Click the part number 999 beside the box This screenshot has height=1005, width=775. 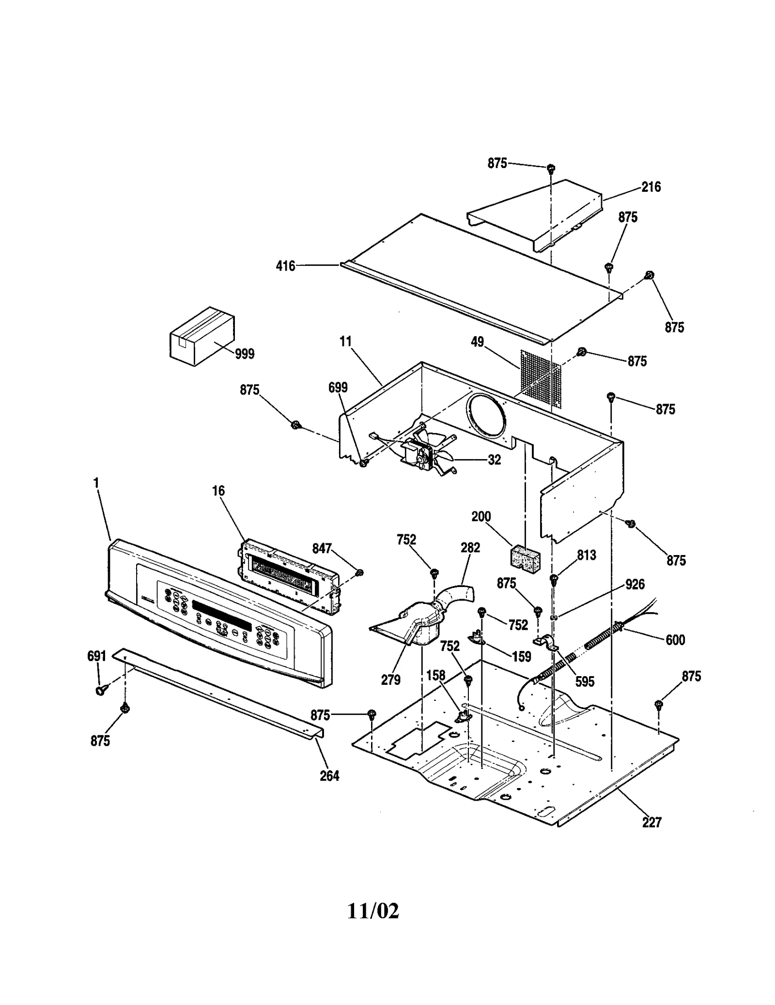click(x=244, y=354)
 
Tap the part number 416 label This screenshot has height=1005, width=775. click(x=285, y=266)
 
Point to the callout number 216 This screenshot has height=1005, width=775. click(x=651, y=187)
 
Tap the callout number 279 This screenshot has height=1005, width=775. click(x=390, y=680)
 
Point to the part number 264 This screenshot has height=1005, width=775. click(x=329, y=776)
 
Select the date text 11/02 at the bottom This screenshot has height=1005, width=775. click(x=373, y=911)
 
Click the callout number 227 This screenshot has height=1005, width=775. click(x=651, y=822)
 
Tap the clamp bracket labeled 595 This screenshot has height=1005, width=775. click(x=546, y=642)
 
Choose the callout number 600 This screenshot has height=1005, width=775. click(x=675, y=640)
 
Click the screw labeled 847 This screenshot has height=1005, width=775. click(x=359, y=573)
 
